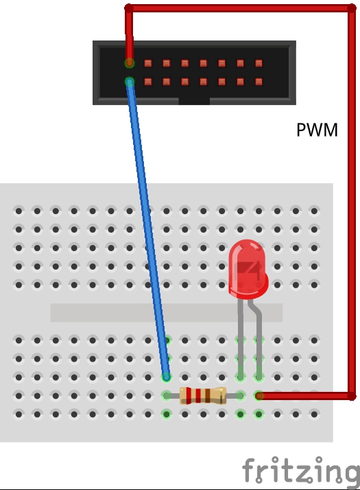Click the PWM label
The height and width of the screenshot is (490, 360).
[317, 130]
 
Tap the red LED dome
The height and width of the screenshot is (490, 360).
[248, 269]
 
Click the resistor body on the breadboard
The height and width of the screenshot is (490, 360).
[203, 395]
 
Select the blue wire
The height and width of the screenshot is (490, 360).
[148, 229]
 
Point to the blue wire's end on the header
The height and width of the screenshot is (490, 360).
[130, 82]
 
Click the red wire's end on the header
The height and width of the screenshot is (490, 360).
[130, 63]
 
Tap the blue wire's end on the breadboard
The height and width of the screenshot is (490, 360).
[167, 377]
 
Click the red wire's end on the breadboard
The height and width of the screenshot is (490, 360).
[259, 396]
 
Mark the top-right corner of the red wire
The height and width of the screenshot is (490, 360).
[352, 8]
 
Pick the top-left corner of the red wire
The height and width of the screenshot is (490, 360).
[129, 8]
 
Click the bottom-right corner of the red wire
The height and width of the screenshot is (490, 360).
[352, 396]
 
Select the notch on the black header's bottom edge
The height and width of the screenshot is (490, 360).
[194, 101]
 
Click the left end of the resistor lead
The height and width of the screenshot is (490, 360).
[167, 396]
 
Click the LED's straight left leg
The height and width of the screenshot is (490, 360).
[241, 340]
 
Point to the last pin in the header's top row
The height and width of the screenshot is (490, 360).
[259, 63]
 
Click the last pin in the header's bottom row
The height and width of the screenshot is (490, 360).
[259, 82]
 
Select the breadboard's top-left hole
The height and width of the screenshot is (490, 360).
[19, 211]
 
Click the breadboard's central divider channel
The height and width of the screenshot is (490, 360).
[167, 312]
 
